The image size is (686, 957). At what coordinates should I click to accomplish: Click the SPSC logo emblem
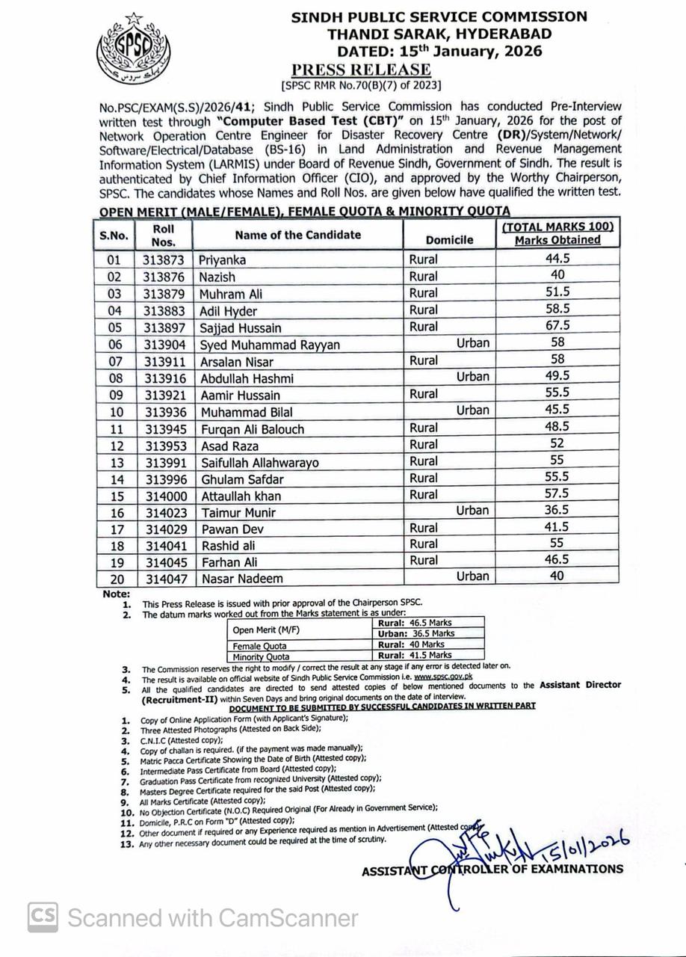click(134, 49)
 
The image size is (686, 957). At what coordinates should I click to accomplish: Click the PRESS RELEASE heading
click(362, 70)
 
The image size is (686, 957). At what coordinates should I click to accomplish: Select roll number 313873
click(163, 260)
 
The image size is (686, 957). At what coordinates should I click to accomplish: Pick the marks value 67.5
click(557, 325)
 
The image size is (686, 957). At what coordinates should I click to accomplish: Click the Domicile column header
click(449, 240)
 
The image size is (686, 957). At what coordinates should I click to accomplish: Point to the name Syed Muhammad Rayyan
click(269, 345)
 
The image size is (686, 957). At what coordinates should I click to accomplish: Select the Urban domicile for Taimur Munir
click(473, 511)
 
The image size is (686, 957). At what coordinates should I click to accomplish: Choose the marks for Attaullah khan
click(557, 493)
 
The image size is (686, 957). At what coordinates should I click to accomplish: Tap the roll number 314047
click(163, 578)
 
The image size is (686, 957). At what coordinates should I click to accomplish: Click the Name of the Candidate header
click(297, 235)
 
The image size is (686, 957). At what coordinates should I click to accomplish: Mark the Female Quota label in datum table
click(259, 645)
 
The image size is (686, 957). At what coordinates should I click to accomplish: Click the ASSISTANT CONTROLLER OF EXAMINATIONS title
click(492, 870)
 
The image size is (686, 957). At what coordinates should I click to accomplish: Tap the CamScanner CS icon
click(43, 917)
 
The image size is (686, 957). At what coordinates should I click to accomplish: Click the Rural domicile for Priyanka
click(424, 260)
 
